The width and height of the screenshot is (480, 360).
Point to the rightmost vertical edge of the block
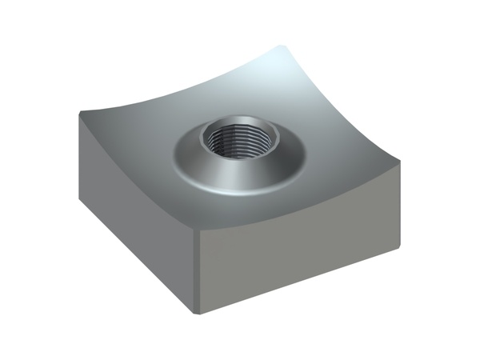(x=399, y=204)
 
